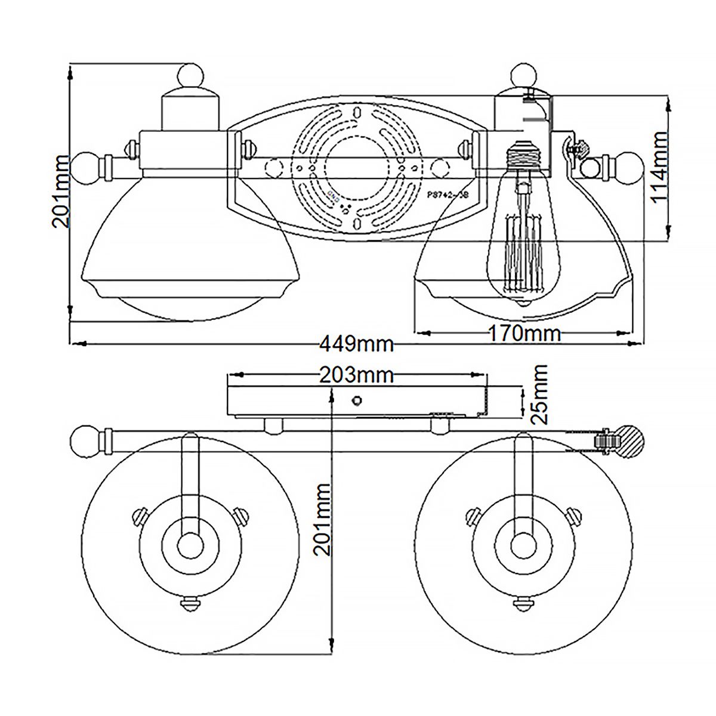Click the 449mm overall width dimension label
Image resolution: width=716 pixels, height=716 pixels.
click(x=357, y=344)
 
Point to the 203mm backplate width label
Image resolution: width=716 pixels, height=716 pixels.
click(x=357, y=375)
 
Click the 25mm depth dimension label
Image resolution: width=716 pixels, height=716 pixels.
click(x=540, y=394)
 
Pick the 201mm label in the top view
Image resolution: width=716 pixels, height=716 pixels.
click(x=61, y=192)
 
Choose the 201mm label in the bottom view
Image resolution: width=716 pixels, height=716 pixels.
click(x=323, y=520)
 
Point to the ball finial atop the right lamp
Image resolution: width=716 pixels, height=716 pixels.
click(x=524, y=76)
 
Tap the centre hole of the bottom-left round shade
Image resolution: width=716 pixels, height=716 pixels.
click(x=190, y=543)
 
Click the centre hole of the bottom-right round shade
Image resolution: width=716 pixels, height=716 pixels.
click(x=523, y=543)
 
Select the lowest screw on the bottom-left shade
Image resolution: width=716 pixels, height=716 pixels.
click(x=190, y=603)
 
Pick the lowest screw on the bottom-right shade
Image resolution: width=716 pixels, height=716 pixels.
click(x=523, y=603)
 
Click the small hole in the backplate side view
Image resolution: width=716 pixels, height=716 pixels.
click(x=357, y=400)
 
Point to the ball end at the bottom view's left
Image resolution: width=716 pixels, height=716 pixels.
click(x=81, y=442)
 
